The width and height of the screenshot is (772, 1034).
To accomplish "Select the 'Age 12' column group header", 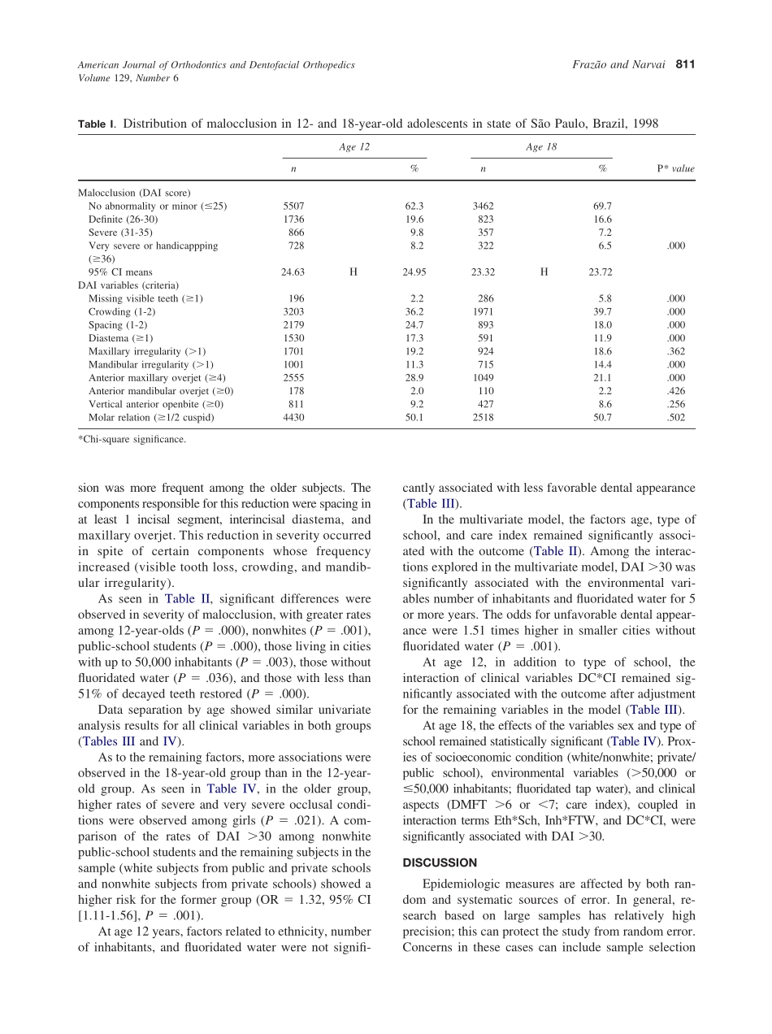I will [x=353, y=147].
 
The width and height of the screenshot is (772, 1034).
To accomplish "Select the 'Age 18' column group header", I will [x=540, y=147].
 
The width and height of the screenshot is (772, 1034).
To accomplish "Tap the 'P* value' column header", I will [x=675, y=169].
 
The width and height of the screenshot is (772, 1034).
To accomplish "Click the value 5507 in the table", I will [x=293, y=206].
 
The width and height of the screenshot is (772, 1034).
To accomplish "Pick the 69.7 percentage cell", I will [x=601, y=206].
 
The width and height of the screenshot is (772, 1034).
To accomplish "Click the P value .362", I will [x=675, y=351].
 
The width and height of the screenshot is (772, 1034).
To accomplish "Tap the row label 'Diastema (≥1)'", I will [x=120, y=338].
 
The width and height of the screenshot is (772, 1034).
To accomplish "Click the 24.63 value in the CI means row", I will [x=293, y=272].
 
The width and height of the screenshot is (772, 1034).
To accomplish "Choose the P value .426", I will [x=675, y=391].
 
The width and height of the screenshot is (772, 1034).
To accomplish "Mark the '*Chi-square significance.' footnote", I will [x=132, y=440].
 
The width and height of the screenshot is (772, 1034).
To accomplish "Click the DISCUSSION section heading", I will [x=440, y=862].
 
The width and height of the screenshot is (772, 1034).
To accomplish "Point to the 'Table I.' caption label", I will [x=98, y=124].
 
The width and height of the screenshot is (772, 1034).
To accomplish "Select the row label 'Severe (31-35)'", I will [x=120, y=232].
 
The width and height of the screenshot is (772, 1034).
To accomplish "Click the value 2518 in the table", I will [x=483, y=417].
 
